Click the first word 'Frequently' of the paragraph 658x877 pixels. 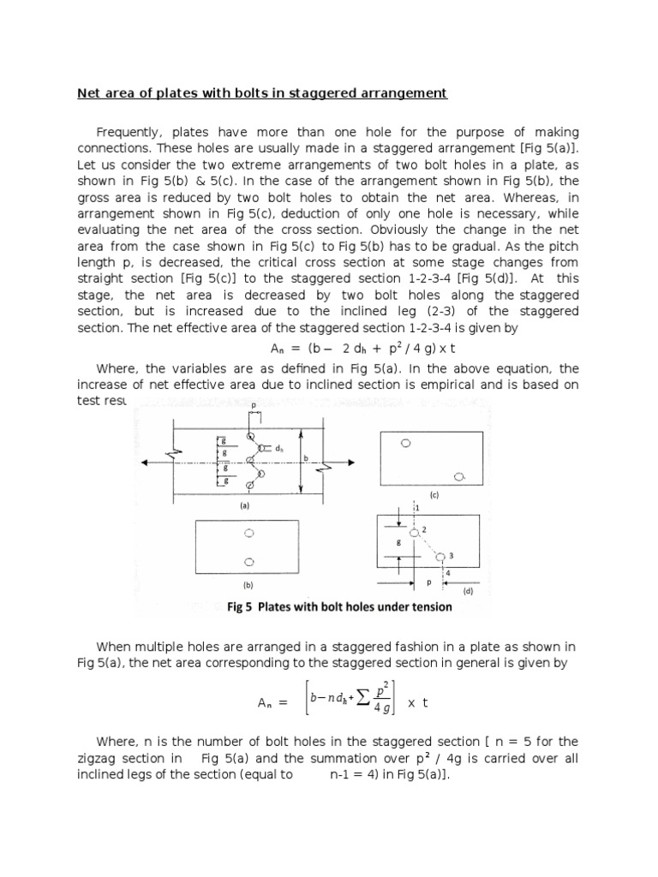coord(129,133)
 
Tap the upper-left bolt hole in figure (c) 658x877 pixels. coord(406,443)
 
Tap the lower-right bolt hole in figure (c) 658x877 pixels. coord(461,475)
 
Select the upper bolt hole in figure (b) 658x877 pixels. coord(249,534)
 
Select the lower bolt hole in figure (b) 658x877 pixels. coord(249,563)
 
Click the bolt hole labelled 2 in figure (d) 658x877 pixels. coord(414,533)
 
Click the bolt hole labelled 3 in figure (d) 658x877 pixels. coord(441,556)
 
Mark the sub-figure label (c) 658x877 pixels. coord(434,495)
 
